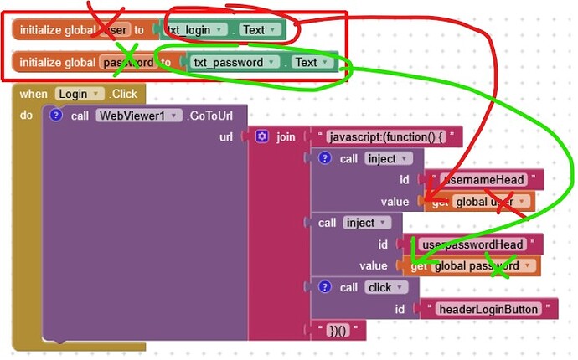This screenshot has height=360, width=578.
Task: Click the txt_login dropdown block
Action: [196, 30]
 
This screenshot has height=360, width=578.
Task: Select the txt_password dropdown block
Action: [229, 63]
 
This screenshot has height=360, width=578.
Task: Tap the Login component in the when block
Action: [80, 94]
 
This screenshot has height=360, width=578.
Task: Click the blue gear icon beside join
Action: [261, 136]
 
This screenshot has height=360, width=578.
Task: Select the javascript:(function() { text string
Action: [386, 136]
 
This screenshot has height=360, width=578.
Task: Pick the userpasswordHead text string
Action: [473, 244]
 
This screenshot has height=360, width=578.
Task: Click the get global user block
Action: [482, 202]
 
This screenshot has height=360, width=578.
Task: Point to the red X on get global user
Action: [506, 201]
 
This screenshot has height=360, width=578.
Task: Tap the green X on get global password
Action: [500, 269]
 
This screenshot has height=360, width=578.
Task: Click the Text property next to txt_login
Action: [260, 30]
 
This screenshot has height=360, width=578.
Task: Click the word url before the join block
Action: [226, 136]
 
